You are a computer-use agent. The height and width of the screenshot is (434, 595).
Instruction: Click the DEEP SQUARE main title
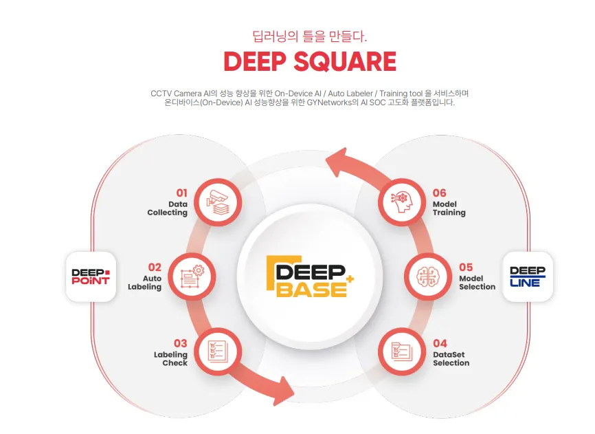coord(310,62)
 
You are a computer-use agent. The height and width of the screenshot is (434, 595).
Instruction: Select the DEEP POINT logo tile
coord(91,276)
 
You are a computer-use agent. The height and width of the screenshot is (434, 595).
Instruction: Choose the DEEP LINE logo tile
coord(528,276)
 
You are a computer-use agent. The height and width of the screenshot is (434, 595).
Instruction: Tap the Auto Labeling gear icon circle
coord(191,276)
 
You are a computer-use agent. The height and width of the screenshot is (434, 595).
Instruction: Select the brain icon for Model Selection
coord(427,276)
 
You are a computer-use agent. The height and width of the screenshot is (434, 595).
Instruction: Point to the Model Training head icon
coord(401,202)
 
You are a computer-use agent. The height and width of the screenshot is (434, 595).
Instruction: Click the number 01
coord(181,193)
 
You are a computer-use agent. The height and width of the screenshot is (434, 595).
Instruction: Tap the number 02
coord(155,267)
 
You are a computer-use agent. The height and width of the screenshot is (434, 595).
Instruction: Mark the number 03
coord(180,343)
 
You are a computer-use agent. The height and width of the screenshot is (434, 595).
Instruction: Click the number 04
coord(440,343)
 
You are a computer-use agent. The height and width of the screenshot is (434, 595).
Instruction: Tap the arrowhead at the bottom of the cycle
coord(284,391)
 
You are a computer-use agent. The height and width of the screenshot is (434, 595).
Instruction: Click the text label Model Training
coord(449,208)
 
